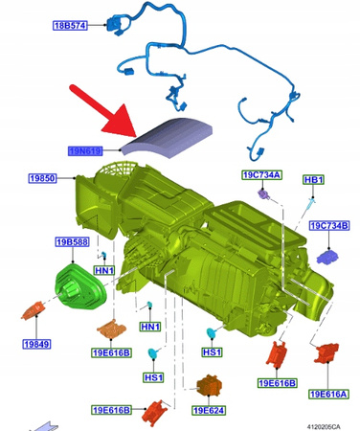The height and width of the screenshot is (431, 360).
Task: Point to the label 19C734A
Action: click(260, 175)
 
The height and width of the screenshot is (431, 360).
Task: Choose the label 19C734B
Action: click(329, 227)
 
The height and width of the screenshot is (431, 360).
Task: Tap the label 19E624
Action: click(211, 411)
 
